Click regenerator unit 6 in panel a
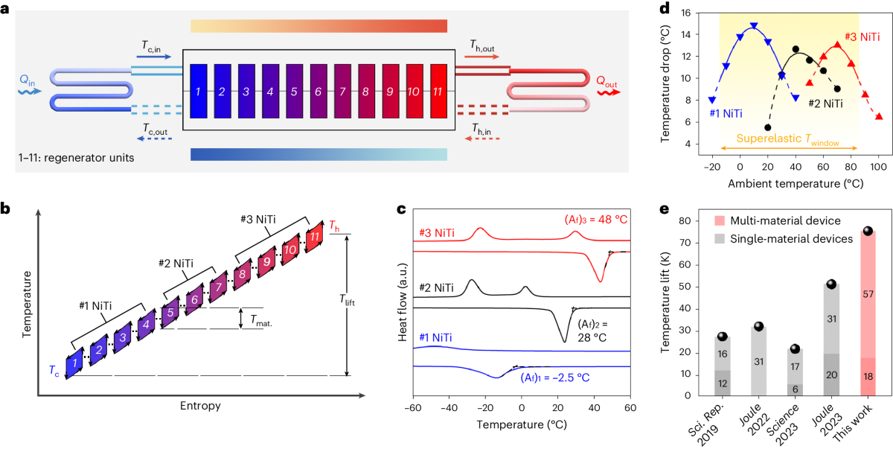318,92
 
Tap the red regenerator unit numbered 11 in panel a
439,92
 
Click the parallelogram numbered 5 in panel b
170,313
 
